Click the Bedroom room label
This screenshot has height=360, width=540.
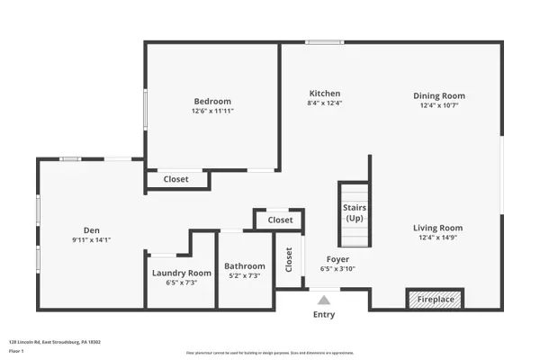click(212, 101)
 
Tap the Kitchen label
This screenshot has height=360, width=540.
click(325, 94)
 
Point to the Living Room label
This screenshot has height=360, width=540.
click(438, 228)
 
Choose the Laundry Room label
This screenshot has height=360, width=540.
click(181, 273)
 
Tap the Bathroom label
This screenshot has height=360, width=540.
click(245, 266)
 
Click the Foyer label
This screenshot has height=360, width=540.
click(337, 259)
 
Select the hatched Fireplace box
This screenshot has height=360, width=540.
click(436, 299)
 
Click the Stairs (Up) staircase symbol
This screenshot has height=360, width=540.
click(354, 213)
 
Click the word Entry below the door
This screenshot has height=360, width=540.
click(324, 315)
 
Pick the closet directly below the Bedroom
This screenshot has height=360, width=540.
click(176, 179)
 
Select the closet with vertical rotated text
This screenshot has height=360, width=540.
click(289, 260)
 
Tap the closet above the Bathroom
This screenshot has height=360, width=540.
click(280, 220)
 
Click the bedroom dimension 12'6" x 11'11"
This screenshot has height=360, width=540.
click(212, 112)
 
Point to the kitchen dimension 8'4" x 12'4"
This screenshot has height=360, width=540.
click(325, 103)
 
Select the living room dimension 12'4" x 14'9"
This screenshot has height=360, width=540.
click(438, 238)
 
